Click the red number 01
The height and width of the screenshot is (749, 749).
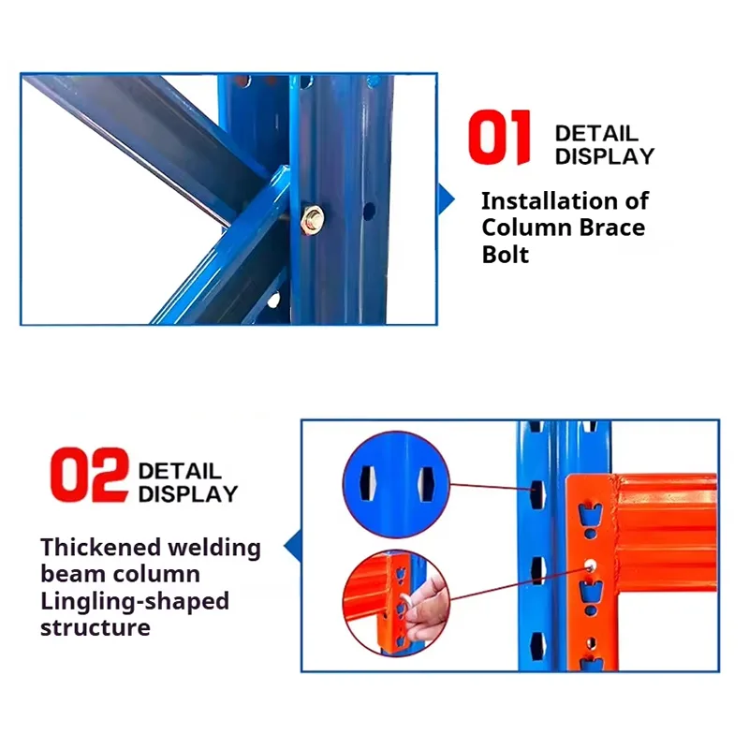click(499, 137)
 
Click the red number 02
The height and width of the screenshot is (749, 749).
click(89, 475)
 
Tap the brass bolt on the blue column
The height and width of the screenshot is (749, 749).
click(312, 219)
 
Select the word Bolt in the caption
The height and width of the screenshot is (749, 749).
click(506, 254)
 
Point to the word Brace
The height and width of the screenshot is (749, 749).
click(612, 228)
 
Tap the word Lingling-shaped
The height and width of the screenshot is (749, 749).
click(135, 601)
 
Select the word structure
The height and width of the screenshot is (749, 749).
click(95, 627)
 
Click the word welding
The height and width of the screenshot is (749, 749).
click(214, 548)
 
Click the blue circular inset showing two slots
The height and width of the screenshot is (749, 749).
click(396, 484)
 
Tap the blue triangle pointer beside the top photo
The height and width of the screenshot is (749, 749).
click(446, 199)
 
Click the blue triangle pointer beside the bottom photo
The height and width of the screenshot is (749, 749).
click(293, 546)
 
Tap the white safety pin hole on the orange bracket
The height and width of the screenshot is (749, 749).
click(591, 565)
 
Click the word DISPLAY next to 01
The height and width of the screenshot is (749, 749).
click(605, 156)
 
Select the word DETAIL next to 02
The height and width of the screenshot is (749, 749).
click(180, 472)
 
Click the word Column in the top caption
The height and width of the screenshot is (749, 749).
click(526, 228)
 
